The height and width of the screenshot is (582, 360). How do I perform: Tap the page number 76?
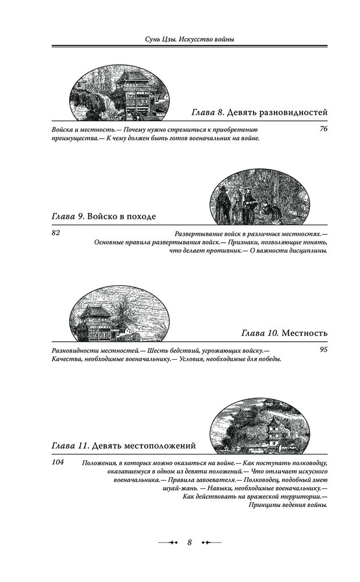(x=324, y=128)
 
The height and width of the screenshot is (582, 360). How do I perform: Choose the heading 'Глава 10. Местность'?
(x=284, y=333)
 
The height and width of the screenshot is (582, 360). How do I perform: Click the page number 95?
(x=324, y=350)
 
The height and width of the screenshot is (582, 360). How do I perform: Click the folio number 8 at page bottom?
(x=190, y=542)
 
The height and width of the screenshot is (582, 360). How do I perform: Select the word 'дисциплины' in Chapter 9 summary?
(x=306, y=251)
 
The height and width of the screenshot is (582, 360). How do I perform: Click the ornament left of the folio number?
(x=167, y=542)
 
